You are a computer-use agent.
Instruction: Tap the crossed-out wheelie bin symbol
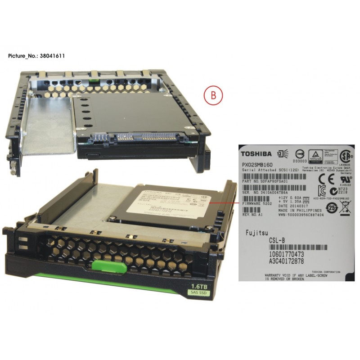[345, 208]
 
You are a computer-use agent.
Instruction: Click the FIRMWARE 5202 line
[257, 203]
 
